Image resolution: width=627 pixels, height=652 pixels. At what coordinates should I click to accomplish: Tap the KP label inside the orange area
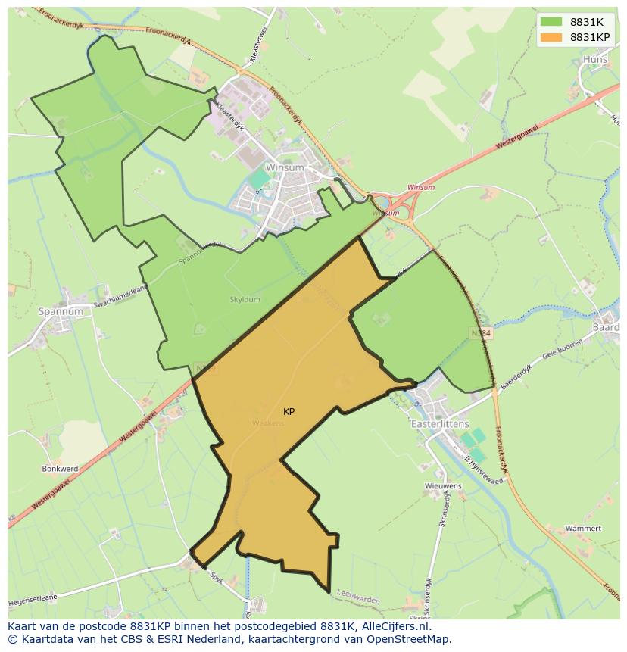tap(289, 412)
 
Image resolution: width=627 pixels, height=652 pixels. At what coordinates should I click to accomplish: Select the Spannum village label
tap(61, 311)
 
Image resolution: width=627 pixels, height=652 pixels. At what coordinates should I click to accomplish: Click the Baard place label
tap(607, 327)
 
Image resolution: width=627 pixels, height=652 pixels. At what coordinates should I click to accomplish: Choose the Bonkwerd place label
tap(60, 469)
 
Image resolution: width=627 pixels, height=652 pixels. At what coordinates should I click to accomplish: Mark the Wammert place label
tap(583, 528)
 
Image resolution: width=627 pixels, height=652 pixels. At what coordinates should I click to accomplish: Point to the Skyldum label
tap(245, 300)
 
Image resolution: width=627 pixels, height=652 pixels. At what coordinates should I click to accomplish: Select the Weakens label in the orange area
tap(269, 423)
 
